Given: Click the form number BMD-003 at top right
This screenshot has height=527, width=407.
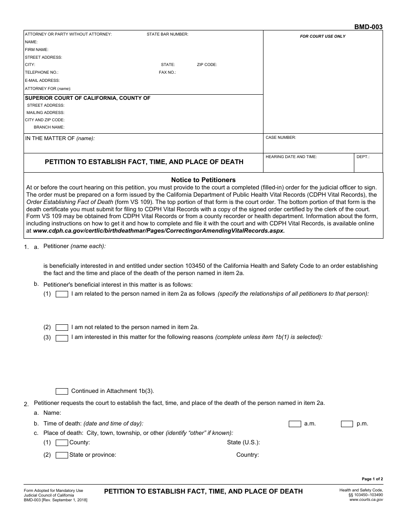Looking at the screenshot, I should [368, 27].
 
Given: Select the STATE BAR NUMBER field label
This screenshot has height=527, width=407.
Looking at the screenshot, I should [168, 34].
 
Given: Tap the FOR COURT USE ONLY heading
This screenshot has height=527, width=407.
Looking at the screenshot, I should [323, 36].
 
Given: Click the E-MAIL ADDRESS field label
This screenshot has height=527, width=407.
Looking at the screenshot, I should [42, 81].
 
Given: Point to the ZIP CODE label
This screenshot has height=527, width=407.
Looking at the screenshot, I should [207, 65].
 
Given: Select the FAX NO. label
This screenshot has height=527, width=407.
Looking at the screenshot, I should [168, 72].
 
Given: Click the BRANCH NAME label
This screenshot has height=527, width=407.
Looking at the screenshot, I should [49, 127].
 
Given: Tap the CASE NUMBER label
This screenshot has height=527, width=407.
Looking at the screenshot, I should [281, 138].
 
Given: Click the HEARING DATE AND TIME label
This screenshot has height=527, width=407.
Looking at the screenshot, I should [291, 157].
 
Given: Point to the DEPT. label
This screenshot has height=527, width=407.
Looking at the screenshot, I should [363, 157].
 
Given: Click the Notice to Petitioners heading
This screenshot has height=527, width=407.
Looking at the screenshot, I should [203, 180].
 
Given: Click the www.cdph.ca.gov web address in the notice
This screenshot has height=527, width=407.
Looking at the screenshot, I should [159, 231].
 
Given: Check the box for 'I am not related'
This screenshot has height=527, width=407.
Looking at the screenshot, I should [62, 327].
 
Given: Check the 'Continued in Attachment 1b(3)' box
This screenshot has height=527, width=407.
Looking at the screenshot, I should [62, 391].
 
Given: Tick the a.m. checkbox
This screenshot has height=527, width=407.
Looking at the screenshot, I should [295, 424].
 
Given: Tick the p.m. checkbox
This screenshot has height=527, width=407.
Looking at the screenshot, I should [347, 424].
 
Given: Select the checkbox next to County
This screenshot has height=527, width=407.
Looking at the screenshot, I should [62, 443].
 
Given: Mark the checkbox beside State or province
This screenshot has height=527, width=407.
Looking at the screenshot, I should [62, 455].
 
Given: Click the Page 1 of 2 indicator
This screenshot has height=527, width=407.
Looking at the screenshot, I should [372, 479].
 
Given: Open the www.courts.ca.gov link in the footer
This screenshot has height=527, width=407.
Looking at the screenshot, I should [366, 500].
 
